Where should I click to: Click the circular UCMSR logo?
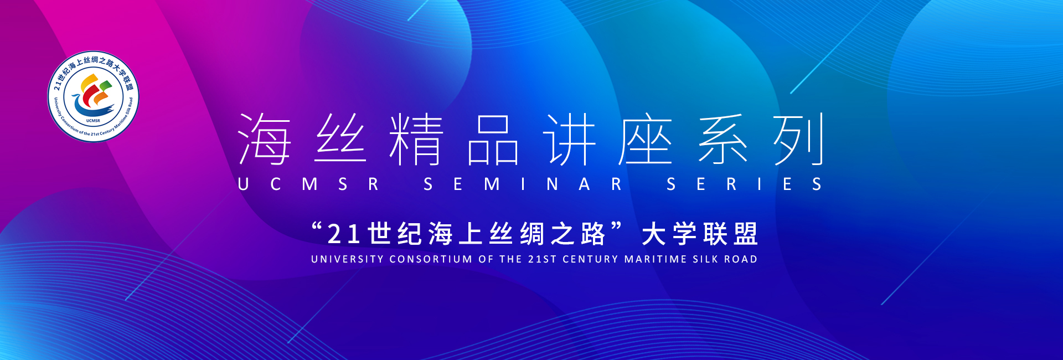pos(93,96)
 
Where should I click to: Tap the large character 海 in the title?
pos(264,139)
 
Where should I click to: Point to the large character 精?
pos(416,139)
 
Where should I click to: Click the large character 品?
pos(493,140)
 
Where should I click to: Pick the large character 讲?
pos(569,139)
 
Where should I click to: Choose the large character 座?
pos(646,139)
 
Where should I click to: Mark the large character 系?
pos(723,139)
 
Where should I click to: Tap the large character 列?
pos(798,139)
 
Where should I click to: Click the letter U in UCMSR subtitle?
pos(243,184)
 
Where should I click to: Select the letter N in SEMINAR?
pos(552,184)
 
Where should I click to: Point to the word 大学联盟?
pos(700,234)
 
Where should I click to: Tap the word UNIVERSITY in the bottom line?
pos(347,259)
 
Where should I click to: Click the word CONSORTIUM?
pos(431,259)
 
